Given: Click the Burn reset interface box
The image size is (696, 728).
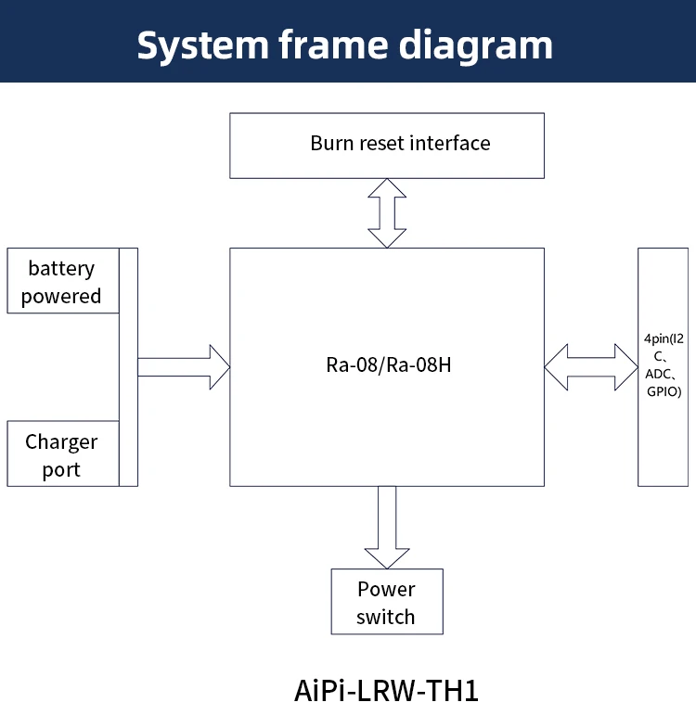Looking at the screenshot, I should tap(387, 146).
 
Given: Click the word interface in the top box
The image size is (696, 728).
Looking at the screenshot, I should tap(450, 143).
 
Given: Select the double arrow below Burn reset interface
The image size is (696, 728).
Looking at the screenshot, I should tap(387, 212).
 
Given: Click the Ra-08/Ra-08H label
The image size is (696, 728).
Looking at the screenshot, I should tap(388, 364).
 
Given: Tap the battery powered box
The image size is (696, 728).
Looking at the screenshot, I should tap(62, 281).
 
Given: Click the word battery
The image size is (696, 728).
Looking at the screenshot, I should tap(61, 268).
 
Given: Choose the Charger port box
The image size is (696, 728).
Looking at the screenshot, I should tap(62, 453).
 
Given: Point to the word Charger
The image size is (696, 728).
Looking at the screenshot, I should tap(61, 441).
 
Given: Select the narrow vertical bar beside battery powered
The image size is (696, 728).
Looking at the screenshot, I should tap(128, 366).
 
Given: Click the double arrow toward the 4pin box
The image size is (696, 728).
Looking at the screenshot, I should tap(591, 366).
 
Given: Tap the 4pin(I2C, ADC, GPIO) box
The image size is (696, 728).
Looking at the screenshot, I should tap(663, 366).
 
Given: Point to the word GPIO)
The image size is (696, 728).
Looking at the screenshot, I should tap(664, 392).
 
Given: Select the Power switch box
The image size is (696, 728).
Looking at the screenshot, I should tap(387, 602).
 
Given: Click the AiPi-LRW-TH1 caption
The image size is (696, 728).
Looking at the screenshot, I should tap(386, 691).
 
